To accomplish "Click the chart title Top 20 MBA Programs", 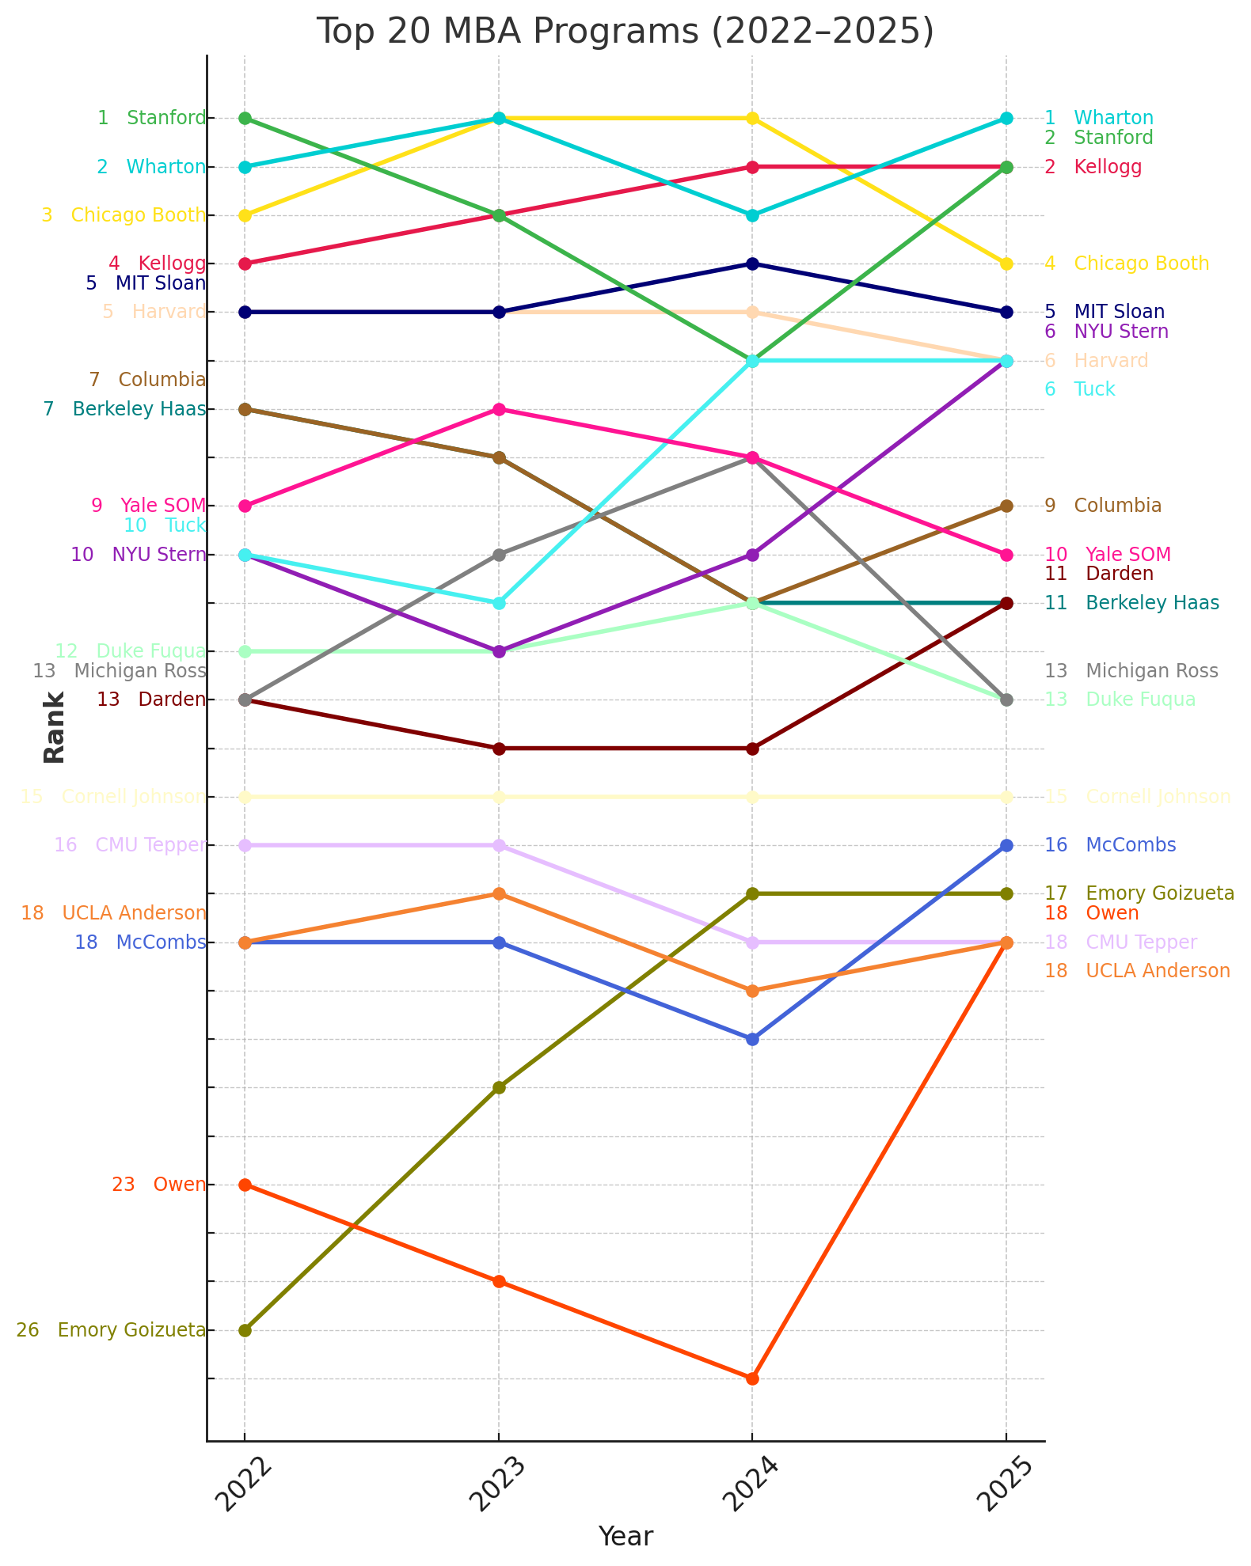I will click(625, 32).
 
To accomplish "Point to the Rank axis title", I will click(55, 727).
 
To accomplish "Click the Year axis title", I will click(625, 1536).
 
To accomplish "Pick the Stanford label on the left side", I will click(165, 119).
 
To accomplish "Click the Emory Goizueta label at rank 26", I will click(131, 1330).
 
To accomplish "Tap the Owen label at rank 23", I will click(179, 1185).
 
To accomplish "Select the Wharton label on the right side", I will click(1113, 119).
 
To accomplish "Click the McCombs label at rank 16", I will click(1131, 845).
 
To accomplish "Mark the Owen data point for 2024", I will click(753, 1378).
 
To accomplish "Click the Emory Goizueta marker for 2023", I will click(499, 1087).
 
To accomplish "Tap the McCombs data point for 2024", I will click(753, 1039).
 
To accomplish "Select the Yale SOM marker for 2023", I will click(499, 409).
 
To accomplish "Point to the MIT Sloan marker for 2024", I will click(753, 264).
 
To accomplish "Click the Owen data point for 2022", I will click(245, 1185).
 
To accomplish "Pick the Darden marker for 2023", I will click(499, 748).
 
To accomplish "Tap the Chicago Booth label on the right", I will click(1141, 264).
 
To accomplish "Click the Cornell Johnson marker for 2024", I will click(753, 797).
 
